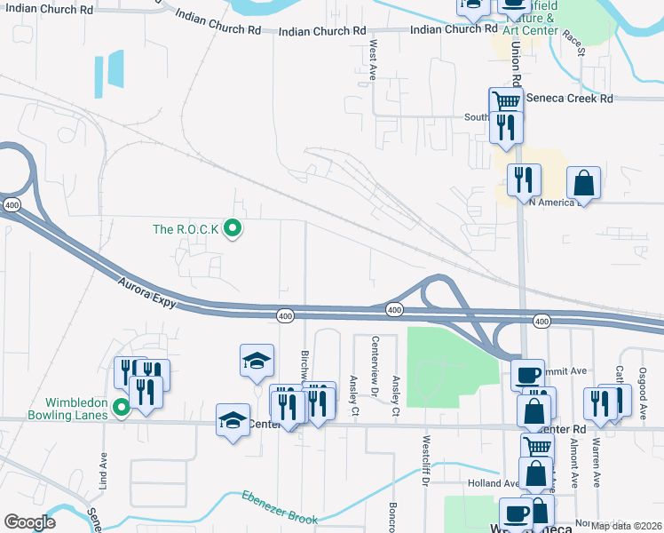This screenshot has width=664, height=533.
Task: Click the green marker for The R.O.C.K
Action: click(233, 229)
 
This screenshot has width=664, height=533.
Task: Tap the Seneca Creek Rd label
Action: click(569, 99)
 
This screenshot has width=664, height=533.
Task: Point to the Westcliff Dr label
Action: click(426, 457)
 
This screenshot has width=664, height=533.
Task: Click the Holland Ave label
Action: click(492, 484)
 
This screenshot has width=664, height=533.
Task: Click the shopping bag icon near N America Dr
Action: click(585, 182)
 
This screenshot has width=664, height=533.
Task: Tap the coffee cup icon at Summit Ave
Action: click(527, 373)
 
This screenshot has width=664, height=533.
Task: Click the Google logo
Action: click(30, 521)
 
